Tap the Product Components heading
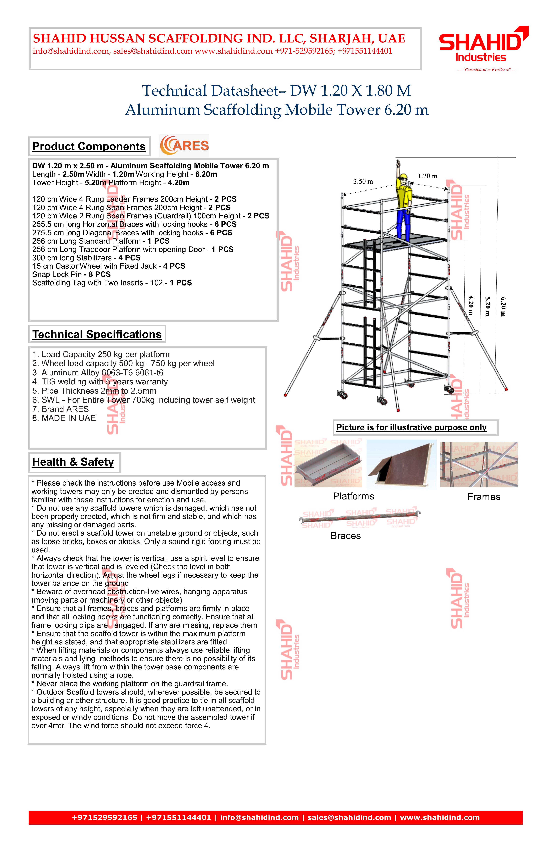(x=89, y=147)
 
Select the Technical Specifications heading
(x=97, y=334)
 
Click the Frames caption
(x=484, y=497)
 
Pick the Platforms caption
(x=353, y=496)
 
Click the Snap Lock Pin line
(x=71, y=274)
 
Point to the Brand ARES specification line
(x=60, y=409)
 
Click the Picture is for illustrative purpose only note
(x=411, y=427)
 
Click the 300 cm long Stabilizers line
(x=86, y=258)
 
